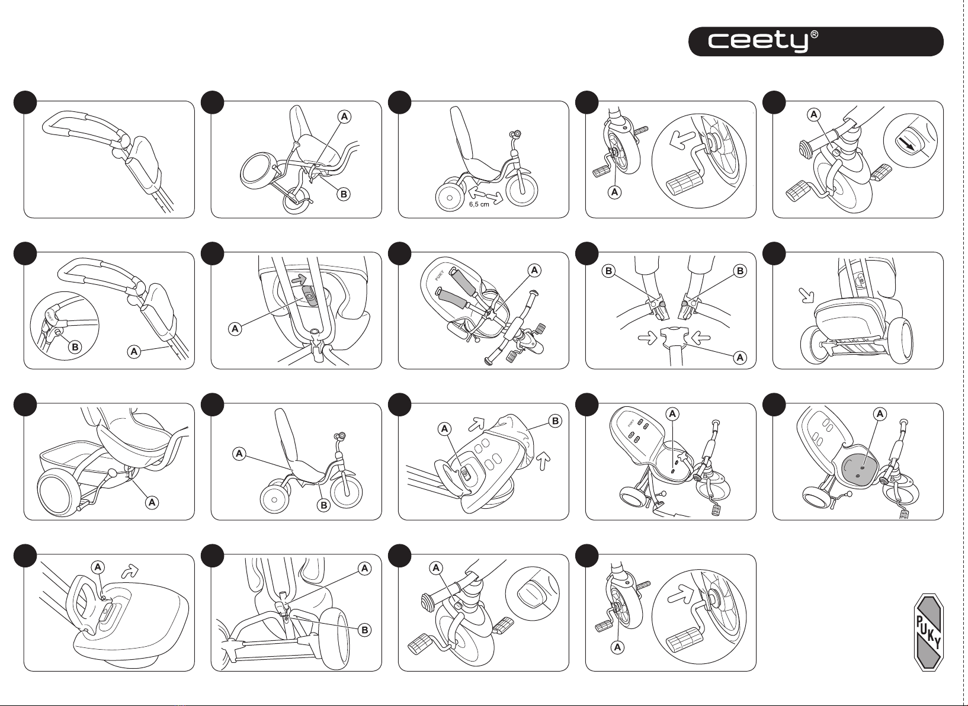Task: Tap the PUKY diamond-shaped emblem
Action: (928, 631)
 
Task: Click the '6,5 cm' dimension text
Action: (479, 204)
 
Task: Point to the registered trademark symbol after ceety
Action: (815, 35)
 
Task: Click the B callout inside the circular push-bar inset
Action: (75, 346)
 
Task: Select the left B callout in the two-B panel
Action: (608, 271)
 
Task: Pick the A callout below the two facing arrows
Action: (740, 358)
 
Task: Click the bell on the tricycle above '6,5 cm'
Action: (518, 134)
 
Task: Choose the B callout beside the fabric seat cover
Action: (555, 421)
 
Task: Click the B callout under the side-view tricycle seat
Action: (323, 505)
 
